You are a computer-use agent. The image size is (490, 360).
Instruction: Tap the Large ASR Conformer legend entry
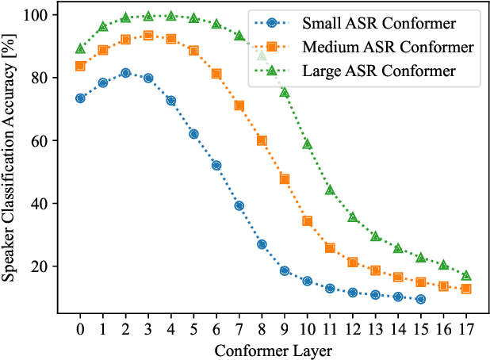(x=368, y=71)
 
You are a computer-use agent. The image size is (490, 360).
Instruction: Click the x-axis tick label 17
(x=466, y=328)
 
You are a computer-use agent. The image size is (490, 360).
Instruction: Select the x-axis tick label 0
(x=80, y=328)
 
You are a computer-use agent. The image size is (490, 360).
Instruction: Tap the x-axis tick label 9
(x=285, y=328)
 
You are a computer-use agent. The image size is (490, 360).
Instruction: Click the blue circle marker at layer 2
(x=125, y=73)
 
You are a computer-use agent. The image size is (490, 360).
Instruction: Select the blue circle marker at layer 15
(x=420, y=299)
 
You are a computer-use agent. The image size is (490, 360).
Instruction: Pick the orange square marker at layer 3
(x=148, y=36)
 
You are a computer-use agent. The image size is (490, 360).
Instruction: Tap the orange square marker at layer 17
(x=466, y=289)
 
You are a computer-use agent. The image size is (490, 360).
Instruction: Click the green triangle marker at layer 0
(x=80, y=48)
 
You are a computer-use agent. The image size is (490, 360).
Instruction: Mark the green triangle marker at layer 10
(x=307, y=144)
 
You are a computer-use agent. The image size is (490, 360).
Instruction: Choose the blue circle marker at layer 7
(x=239, y=205)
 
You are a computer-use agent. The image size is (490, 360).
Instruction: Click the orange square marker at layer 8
(x=262, y=140)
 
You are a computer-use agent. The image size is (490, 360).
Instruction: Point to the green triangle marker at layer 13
(x=375, y=236)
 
